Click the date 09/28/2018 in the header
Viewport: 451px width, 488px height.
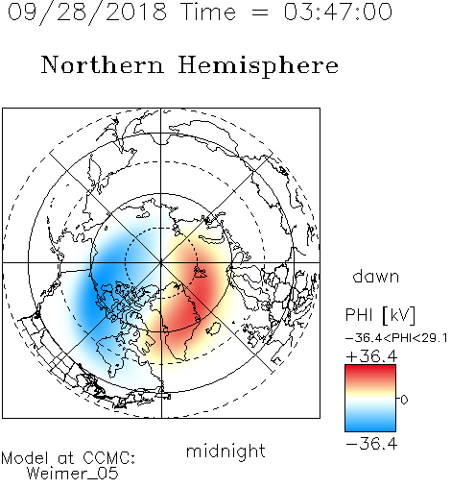coord(87,12)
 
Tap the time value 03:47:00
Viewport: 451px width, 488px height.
coord(338,12)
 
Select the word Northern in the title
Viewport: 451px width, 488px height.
coord(103,65)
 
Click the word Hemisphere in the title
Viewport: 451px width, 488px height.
coord(258,66)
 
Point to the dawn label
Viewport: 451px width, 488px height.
coord(376,276)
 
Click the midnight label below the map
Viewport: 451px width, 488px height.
coord(225,451)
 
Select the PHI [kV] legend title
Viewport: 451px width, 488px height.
coord(380,315)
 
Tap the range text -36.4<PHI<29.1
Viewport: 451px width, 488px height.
coord(396,338)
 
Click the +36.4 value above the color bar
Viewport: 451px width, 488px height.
coord(371,356)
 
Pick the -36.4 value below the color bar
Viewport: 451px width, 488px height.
coord(371,444)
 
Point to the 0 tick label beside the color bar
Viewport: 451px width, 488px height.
coord(404,400)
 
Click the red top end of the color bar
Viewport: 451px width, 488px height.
coord(370,368)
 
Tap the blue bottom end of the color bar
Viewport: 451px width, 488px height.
coord(370,427)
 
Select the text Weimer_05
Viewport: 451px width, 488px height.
coord(73,474)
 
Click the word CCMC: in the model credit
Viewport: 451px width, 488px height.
coord(108,458)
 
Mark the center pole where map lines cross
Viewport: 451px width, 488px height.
coord(161,263)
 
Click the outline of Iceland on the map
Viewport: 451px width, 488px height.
coord(214,329)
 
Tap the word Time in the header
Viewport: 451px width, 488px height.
coord(208,12)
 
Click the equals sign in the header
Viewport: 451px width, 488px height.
coord(260,12)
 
